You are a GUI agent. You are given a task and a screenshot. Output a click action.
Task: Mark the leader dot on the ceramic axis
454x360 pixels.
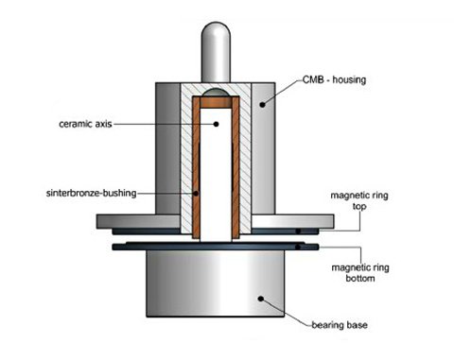(215, 125)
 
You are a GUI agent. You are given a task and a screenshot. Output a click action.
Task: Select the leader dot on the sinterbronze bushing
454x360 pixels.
(196, 194)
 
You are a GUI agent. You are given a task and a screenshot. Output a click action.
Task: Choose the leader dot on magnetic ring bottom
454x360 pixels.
(302, 248)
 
